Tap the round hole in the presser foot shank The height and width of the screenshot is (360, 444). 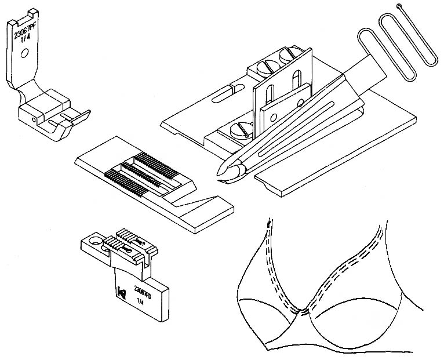(x=23, y=56)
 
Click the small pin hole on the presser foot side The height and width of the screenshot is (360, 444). (x=40, y=119)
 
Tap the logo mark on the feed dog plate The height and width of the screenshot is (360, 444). (x=121, y=292)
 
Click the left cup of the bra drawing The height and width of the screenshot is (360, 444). (x=272, y=313)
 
